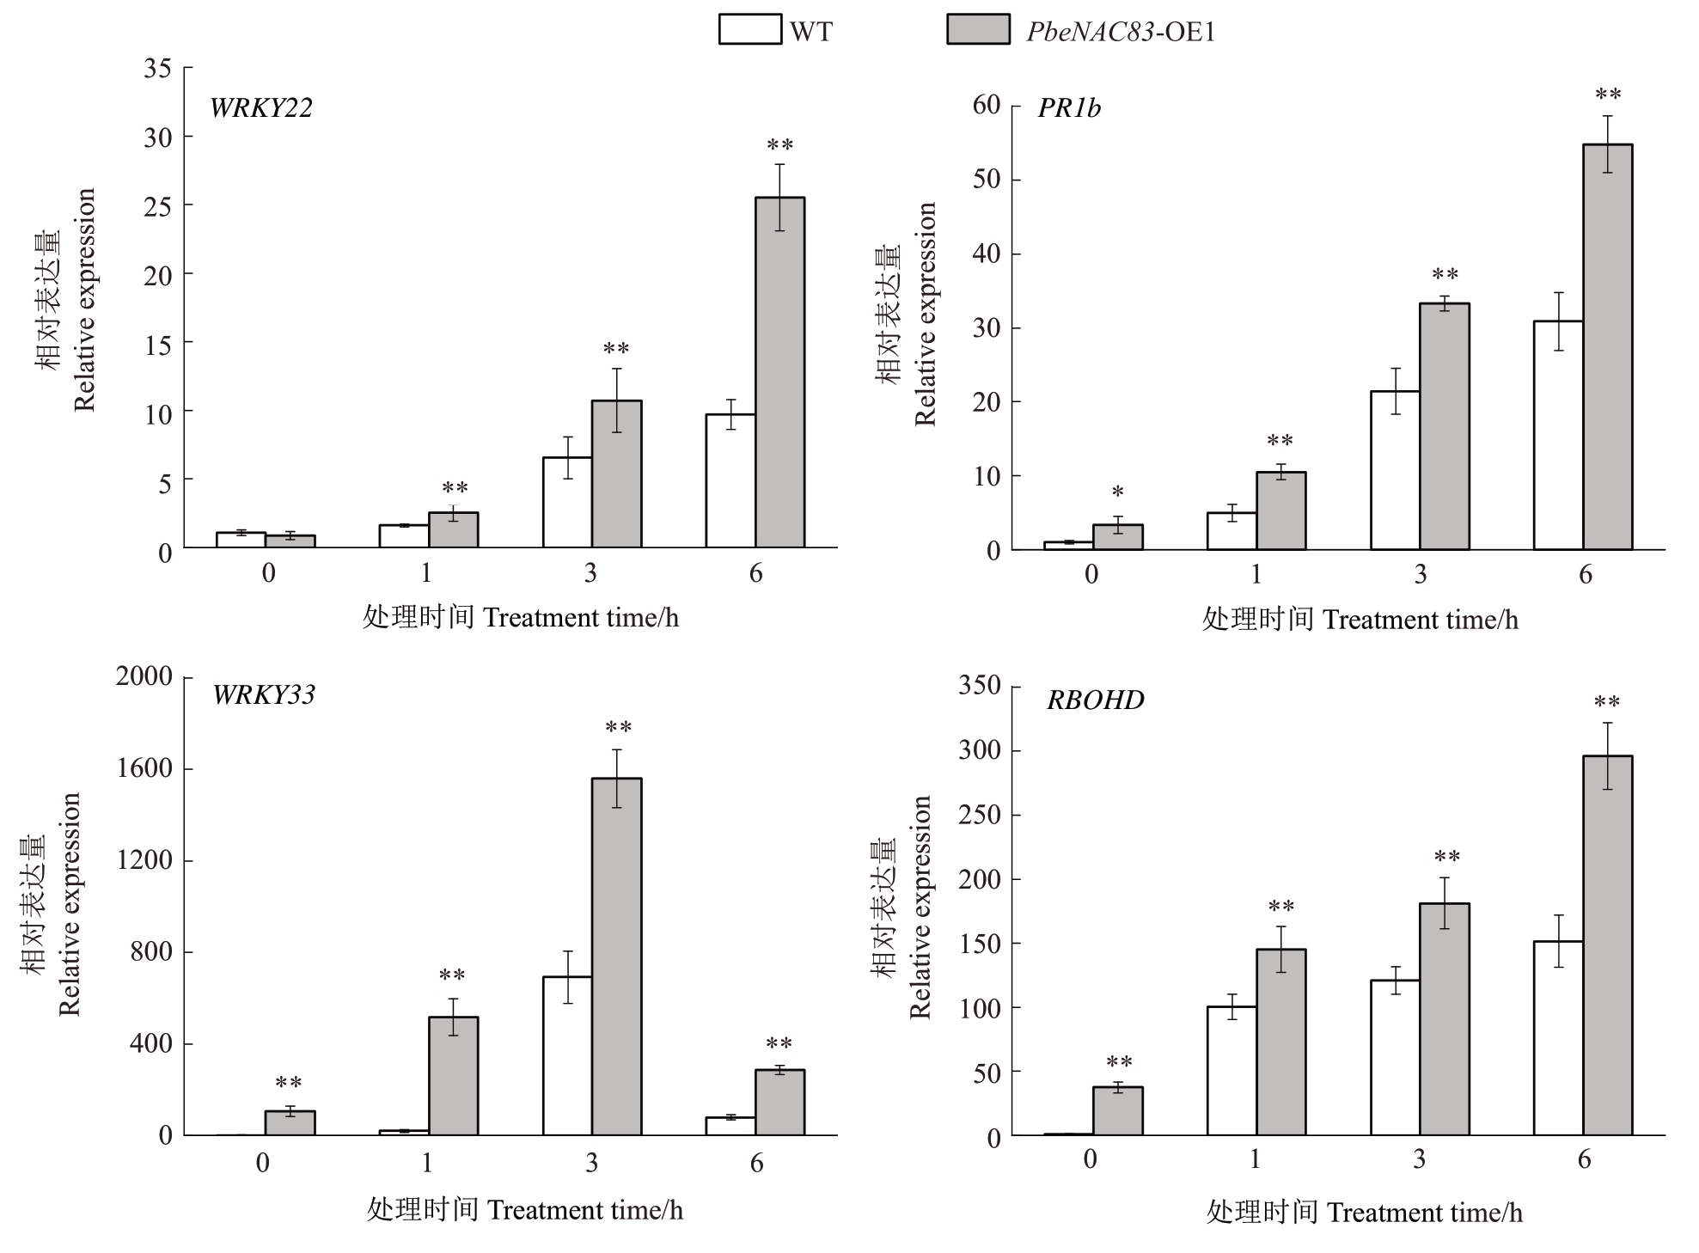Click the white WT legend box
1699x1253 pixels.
click(749, 29)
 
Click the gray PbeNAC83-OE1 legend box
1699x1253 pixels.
click(977, 29)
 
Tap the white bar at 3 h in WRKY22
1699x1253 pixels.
click(566, 503)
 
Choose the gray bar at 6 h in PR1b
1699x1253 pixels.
click(1607, 347)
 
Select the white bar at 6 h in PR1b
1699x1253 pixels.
click(1558, 435)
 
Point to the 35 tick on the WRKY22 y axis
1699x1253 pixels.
click(158, 69)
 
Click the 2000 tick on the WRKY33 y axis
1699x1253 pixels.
click(144, 676)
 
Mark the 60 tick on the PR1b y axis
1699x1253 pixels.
click(987, 105)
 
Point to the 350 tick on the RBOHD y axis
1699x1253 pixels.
click(980, 686)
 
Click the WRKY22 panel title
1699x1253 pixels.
click(260, 108)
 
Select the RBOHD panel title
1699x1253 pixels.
click(1095, 700)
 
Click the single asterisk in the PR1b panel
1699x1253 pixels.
click(1117, 492)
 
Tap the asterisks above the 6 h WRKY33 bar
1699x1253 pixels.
click(779, 1045)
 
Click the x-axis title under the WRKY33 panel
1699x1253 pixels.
click(524, 1210)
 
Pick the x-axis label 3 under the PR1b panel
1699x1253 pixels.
click(1420, 574)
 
